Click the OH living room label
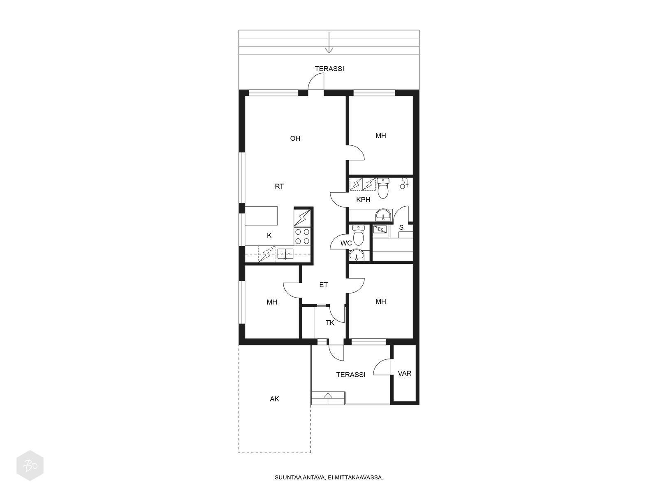295,138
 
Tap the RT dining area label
279,186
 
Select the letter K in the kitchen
269,235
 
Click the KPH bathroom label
363,200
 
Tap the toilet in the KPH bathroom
382,188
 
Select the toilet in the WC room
359,235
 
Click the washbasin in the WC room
357,255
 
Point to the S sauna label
401,227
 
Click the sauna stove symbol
381,230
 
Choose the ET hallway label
324,285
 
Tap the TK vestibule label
330,323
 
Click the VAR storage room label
404,373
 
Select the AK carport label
275,399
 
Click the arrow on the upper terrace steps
329,42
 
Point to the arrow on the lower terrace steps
329,398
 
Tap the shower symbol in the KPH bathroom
404,183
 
